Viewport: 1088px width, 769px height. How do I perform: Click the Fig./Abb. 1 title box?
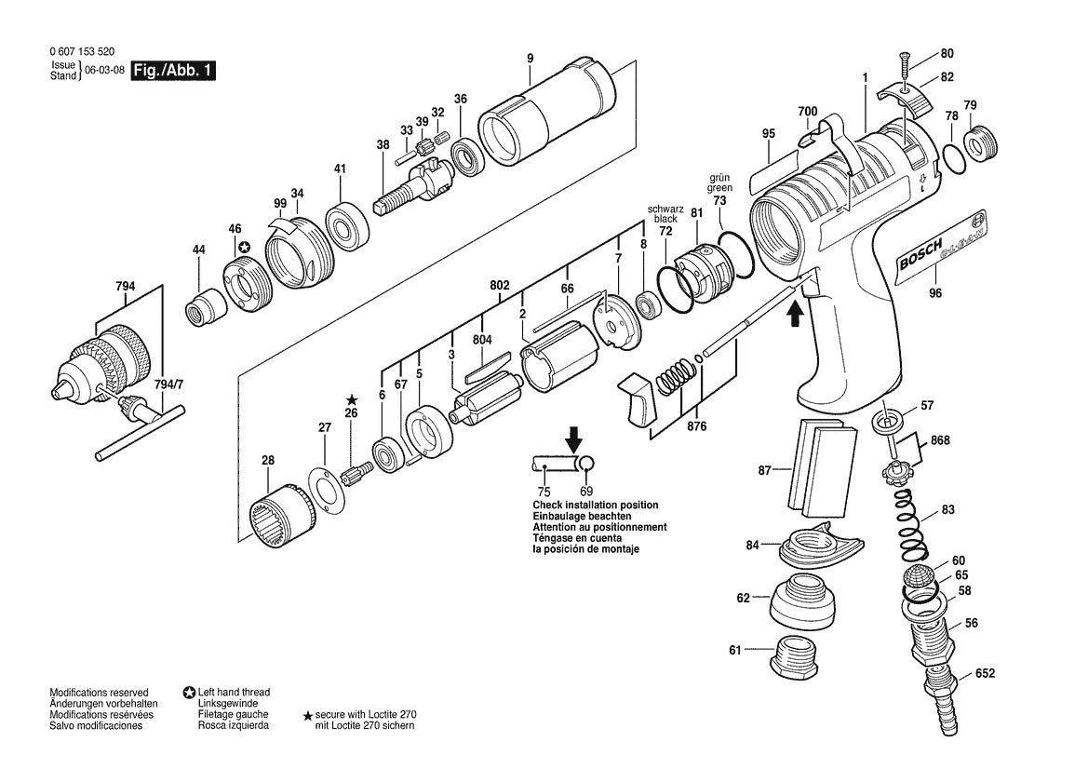coord(173,71)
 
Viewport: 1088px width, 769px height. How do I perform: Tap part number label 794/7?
coord(168,384)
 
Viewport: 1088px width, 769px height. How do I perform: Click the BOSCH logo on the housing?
coord(920,255)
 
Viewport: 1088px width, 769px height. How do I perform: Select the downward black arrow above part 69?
coord(574,438)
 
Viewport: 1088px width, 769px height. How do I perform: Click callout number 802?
coord(500,285)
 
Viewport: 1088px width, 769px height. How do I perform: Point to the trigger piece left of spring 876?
coord(639,398)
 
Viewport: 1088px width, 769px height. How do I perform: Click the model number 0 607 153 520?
coord(83,51)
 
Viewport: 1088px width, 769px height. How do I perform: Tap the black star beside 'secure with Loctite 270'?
coord(308,715)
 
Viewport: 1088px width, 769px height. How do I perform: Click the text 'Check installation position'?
coord(596,506)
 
